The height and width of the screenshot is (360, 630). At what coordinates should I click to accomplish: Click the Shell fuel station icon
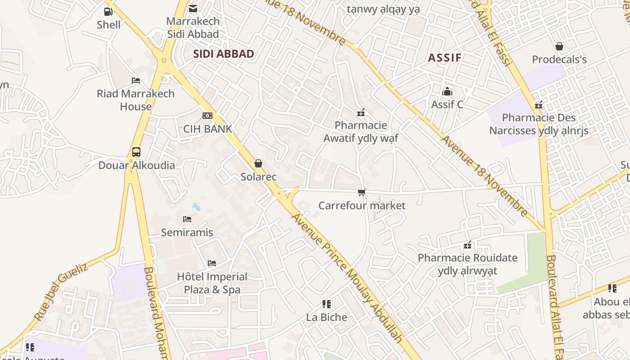[x=108, y=12]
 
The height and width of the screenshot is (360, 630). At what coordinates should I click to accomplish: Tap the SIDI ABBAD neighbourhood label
[x=224, y=54]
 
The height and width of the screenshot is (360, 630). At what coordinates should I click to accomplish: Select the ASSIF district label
[x=445, y=58]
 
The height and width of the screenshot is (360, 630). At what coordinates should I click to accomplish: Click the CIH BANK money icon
[x=207, y=116]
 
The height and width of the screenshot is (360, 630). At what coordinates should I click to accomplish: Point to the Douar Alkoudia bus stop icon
[x=136, y=152]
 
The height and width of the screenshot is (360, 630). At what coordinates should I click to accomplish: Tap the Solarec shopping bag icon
[x=258, y=163]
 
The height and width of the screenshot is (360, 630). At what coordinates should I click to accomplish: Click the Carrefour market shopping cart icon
[x=362, y=193]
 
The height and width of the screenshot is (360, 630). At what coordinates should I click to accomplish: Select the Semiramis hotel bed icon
[x=187, y=219]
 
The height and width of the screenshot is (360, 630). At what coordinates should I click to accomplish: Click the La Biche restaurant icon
[x=327, y=304]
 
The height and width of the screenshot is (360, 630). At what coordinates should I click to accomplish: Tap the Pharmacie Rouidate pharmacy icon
[x=468, y=245]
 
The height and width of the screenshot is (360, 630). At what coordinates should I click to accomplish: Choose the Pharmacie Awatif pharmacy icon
[x=360, y=112]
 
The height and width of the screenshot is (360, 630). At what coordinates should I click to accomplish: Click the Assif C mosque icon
[x=447, y=91]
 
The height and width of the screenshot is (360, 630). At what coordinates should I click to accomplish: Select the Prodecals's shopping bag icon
[x=559, y=46]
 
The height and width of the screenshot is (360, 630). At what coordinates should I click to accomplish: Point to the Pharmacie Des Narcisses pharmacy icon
[x=539, y=105]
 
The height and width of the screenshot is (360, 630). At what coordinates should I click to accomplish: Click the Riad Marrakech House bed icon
[x=136, y=81]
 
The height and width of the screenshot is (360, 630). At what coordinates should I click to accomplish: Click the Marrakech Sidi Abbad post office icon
[x=193, y=8]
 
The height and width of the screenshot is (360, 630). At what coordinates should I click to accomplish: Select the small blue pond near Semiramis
[x=197, y=207]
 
